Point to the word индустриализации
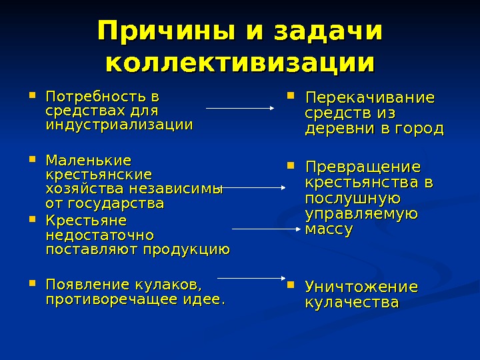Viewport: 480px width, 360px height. coord(119,124)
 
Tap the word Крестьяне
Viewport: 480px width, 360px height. coord(85,220)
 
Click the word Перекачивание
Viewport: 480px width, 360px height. coord(369,98)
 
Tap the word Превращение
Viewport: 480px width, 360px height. coord(363,166)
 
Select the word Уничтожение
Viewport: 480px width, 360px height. coord(361,287)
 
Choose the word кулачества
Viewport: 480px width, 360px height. coord(351,303)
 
